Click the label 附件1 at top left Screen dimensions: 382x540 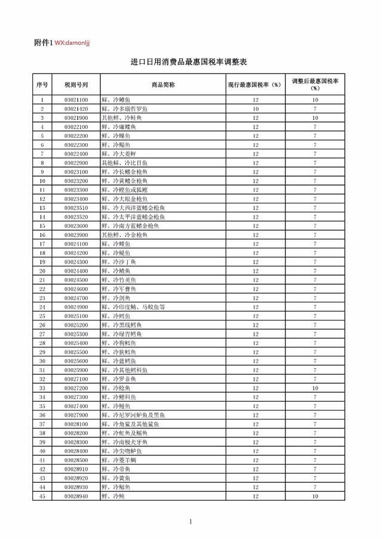coord(44,43)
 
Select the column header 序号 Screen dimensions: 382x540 coord(42,85)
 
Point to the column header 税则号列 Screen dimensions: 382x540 coord(76,85)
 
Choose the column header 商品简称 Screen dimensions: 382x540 coord(163,85)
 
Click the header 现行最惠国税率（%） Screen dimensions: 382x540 coord(255,85)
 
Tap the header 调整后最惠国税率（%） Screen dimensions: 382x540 coord(315,85)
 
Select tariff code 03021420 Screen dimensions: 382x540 coord(76,109)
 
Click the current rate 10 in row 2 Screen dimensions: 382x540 coord(255,109)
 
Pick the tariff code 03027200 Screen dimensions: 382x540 coord(76,388)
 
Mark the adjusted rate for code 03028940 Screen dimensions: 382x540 coord(315,496)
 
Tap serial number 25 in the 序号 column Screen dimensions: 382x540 coord(42,316)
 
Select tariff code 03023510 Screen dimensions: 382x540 coord(76,208)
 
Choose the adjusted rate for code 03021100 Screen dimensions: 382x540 coord(315,100)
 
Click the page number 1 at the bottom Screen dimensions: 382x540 coord(190,523)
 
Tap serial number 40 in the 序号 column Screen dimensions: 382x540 coord(42,451)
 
